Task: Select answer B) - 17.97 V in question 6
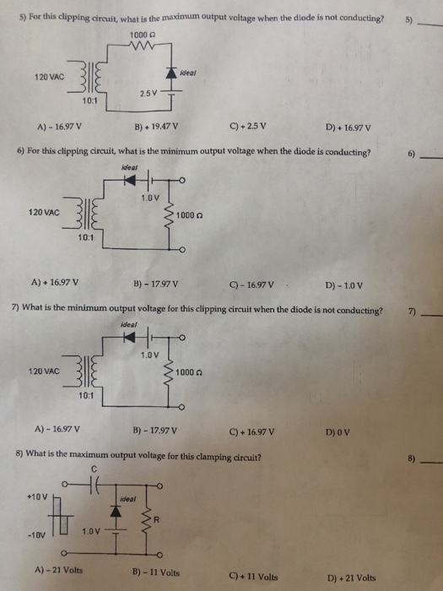[154, 284]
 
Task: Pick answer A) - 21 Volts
[61, 570]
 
